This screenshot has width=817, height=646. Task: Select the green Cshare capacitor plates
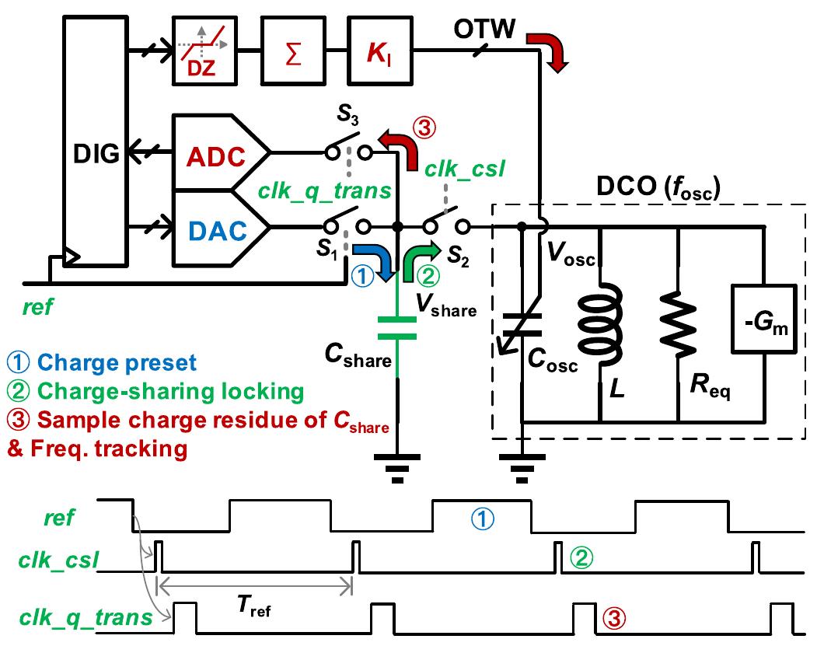[x=397, y=328]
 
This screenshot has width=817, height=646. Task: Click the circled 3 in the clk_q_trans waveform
[x=613, y=618]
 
